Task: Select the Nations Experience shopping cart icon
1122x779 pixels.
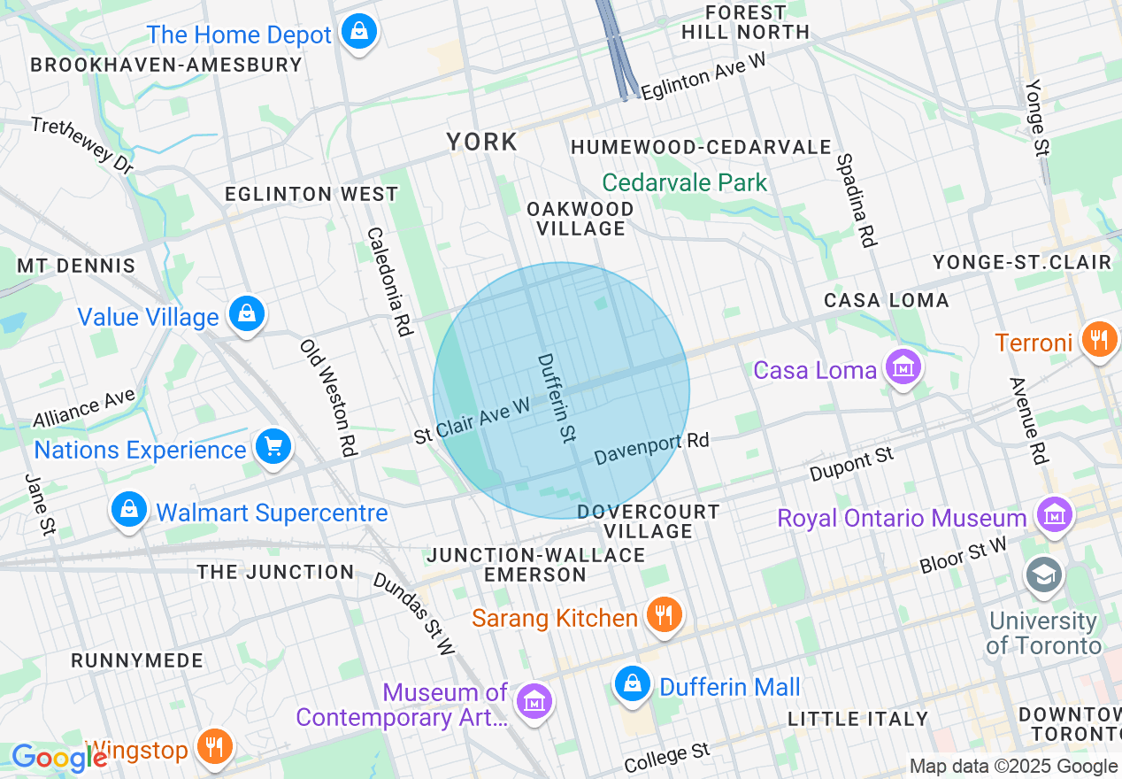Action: [x=273, y=447]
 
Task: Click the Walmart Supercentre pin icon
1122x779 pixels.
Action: [x=129, y=510]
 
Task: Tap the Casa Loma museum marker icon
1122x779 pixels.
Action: [x=903, y=366]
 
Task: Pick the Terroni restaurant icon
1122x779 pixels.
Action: [x=1100, y=340]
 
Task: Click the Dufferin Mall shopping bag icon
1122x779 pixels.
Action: [x=633, y=684]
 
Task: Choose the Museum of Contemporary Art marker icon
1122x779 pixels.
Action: [x=534, y=701]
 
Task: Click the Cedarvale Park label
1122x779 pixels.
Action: [x=685, y=183]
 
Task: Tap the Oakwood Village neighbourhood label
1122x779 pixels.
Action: [x=580, y=219]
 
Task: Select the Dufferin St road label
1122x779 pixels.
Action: [x=557, y=397]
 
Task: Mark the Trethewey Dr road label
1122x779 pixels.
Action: [x=81, y=143]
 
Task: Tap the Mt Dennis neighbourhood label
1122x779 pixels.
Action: [x=76, y=266]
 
